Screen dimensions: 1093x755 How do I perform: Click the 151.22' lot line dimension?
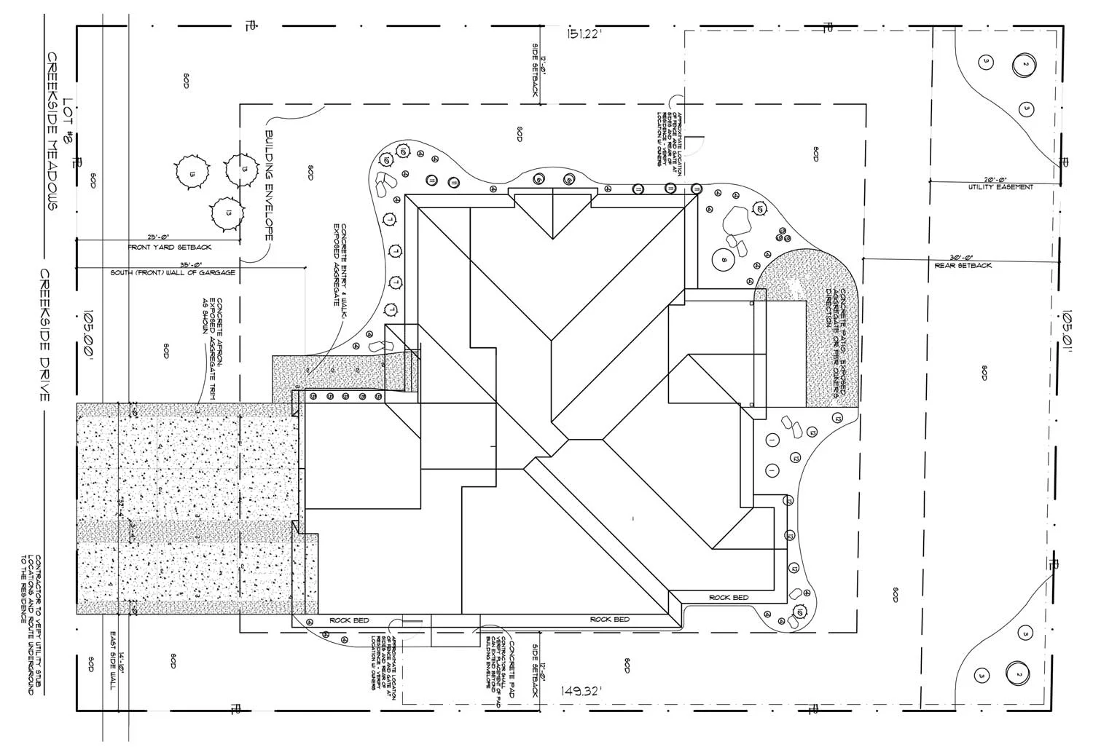point(584,34)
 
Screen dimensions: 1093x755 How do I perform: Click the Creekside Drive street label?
point(44,335)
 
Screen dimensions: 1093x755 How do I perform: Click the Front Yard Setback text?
point(170,248)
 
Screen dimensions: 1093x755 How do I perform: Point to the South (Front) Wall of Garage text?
point(173,273)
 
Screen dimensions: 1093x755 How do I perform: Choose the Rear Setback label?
point(963,266)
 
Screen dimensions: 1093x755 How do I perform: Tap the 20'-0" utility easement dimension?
point(994,180)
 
